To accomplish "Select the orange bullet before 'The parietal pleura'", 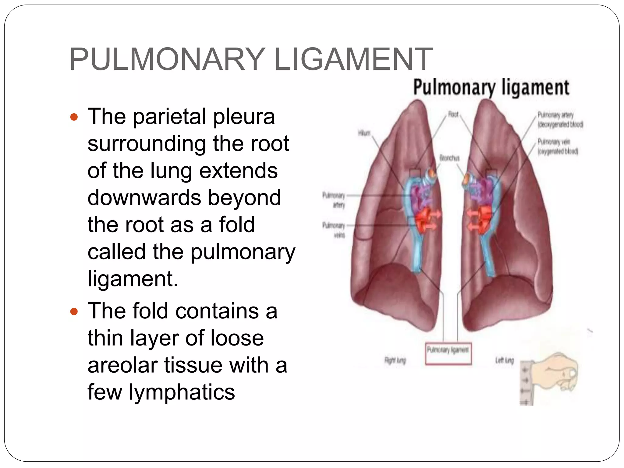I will click(74, 117).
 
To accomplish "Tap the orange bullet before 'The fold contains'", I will click(74, 312).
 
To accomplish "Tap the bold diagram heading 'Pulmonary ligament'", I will click(491, 87).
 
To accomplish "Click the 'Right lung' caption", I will click(395, 360).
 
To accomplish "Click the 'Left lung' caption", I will click(504, 360).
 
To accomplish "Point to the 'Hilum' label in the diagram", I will click(364, 133).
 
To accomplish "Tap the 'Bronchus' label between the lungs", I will click(449, 158).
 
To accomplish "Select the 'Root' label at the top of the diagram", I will click(453, 114).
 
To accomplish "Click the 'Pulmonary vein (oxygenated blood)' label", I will click(557, 147).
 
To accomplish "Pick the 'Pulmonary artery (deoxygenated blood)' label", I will click(560, 119).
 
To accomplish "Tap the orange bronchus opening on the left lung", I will click(466, 180).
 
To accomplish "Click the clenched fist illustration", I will click(555, 373).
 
